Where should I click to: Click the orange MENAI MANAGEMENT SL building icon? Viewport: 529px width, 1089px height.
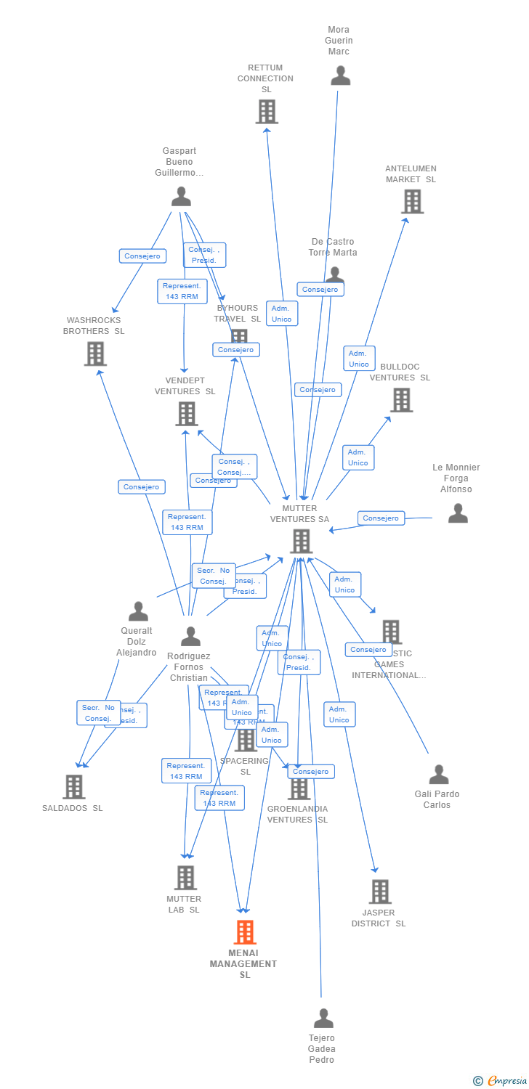tap(245, 931)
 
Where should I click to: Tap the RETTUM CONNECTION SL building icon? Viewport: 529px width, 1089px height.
tap(267, 112)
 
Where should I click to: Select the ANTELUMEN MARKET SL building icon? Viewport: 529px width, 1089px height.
tap(412, 201)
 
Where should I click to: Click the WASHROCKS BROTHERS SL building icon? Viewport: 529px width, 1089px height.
tap(95, 354)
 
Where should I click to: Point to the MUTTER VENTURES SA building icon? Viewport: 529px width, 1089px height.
tap(301, 541)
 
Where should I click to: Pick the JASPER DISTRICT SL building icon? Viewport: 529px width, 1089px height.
tap(379, 891)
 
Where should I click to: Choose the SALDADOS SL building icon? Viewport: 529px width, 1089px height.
tap(73, 786)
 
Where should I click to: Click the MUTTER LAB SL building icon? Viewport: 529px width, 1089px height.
tap(185, 878)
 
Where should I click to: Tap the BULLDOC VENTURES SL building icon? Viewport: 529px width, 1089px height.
tap(401, 399)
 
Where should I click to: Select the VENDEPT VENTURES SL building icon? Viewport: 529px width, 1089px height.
tap(187, 414)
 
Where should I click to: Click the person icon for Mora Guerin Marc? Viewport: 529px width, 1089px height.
tap(340, 76)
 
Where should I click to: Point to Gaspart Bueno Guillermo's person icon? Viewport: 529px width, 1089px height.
tap(181, 196)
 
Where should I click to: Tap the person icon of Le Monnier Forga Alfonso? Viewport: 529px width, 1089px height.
tap(458, 513)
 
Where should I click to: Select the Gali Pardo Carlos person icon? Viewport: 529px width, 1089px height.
tap(439, 775)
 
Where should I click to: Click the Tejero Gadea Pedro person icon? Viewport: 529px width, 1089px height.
tap(323, 1018)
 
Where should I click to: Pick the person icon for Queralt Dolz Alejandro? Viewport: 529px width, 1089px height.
tap(138, 611)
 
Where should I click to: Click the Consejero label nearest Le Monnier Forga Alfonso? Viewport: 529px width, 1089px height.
tap(381, 518)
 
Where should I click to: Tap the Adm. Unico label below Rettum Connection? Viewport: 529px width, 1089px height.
tap(281, 314)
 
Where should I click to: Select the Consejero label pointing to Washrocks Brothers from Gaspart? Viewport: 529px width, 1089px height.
tap(142, 256)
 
